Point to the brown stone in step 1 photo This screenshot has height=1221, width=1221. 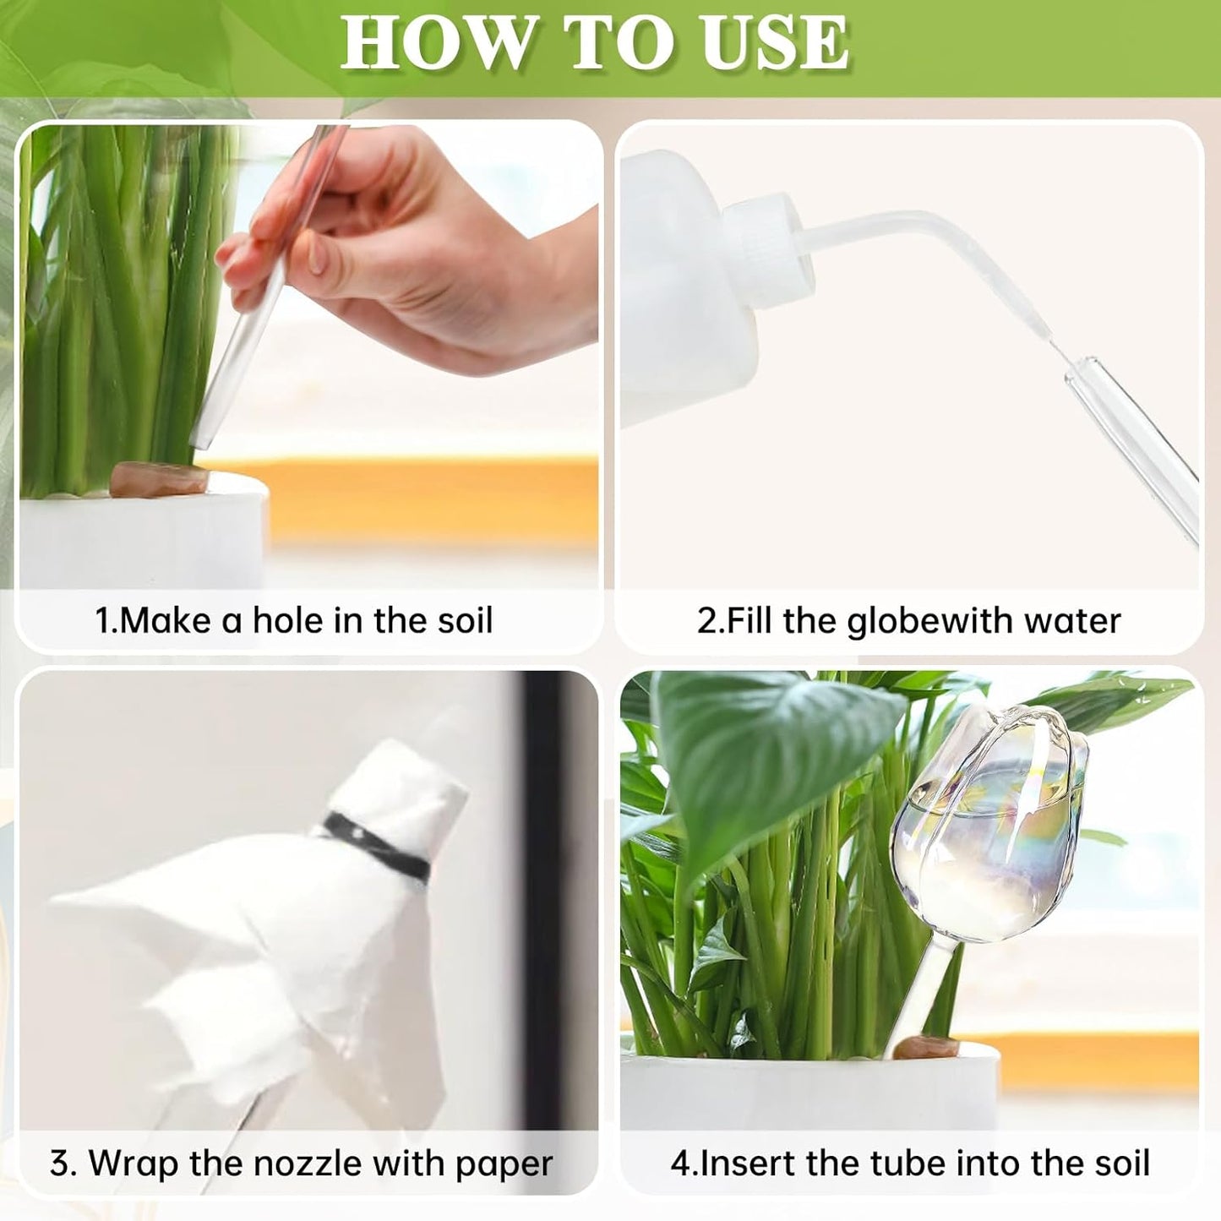pyautogui.click(x=161, y=478)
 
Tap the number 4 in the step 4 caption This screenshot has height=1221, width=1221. pyautogui.click(x=680, y=1164)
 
